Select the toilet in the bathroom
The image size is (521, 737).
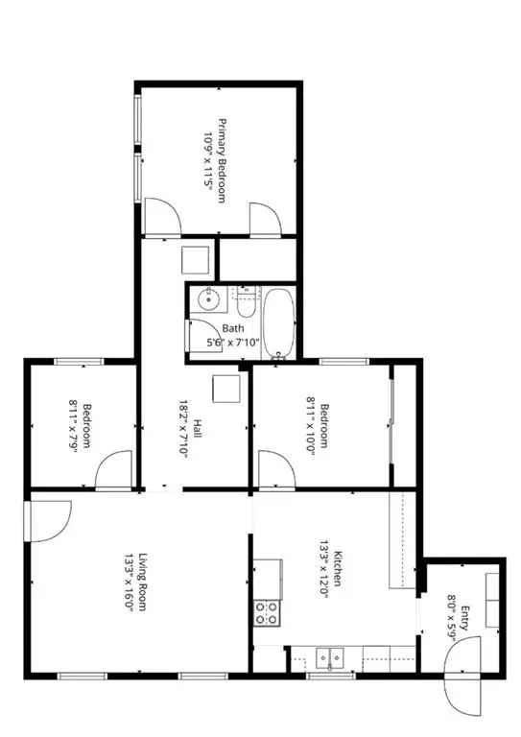(x=247, y=303)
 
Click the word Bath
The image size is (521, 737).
(x=233, y=328)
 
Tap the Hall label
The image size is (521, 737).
(x=197, y=430)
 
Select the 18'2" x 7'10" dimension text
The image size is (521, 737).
(x=180, y=430)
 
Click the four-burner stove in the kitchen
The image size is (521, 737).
(x=267, y=612)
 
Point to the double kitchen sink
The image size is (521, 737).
(x=332, y=658)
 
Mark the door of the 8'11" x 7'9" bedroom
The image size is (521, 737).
(x=113, y=469)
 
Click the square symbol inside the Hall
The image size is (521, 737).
(x=226, y=388)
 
